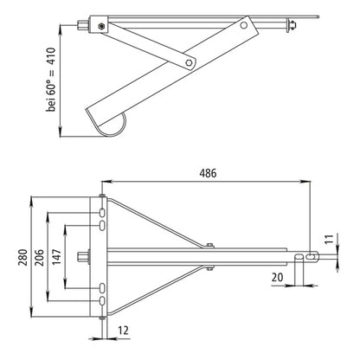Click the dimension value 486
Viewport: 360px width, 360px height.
[x=208, y=173]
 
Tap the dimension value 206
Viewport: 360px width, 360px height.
[x=39, y=258]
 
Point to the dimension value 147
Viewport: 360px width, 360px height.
[x=57, y=257]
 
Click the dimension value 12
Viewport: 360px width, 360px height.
[x=123, y=331]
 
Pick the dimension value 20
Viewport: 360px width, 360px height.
[x=277, y=278]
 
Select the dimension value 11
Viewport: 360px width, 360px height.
[x=330, y=239]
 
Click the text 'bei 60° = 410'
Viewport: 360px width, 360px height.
[x=51, y=80]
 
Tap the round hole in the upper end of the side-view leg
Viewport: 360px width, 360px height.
[x=244, y=25]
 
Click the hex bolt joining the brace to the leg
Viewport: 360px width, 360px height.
[x=189, y=62]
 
